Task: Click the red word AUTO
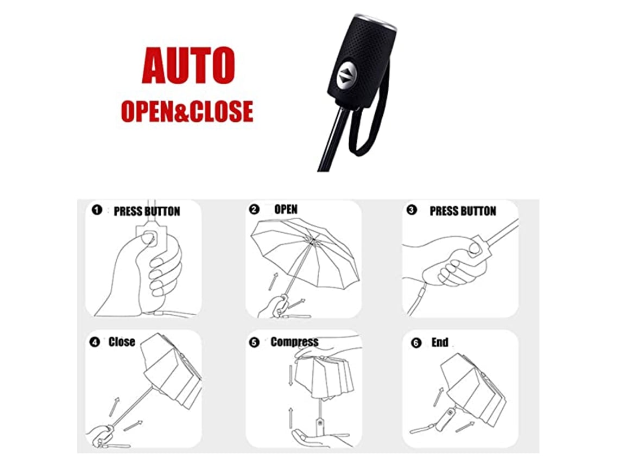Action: coord(188,66)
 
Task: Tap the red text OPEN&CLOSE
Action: coord(187,111)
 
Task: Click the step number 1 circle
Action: coord(97,210)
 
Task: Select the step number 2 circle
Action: coord(254,209)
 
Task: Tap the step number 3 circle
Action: coord(412,210)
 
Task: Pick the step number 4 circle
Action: coord(94,342)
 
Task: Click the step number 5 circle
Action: coord(254,342)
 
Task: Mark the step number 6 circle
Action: coord(416,343)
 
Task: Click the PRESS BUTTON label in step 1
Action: coord(147,212)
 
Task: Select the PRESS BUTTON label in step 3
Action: coord(463,211)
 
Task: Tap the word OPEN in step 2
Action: coord(286,209)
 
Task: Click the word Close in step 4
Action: coord(122,342)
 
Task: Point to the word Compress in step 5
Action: coord(294,342)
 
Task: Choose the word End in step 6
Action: coord(440,342)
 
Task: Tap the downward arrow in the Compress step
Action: coord(290,376)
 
